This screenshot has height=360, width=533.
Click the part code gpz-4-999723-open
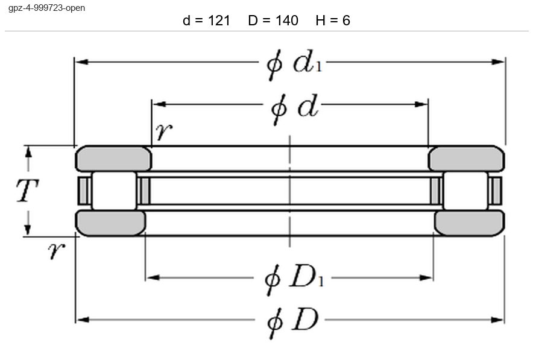[46, 8]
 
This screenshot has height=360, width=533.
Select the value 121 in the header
[219, 21]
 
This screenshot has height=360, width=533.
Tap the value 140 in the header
[286, 21]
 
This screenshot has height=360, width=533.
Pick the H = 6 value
[333, 21]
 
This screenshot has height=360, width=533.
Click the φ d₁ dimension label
[294, 64]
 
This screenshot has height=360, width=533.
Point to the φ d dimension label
[295, 109]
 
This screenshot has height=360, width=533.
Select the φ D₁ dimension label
[294, 279]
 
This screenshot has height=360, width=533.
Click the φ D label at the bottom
[292, 322]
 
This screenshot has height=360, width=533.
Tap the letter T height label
[27, 191]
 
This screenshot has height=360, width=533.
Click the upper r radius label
[164, 131]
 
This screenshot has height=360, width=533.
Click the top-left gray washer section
[113, 159]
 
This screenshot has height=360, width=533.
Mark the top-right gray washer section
[467, 159]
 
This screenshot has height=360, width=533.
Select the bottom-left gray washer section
[110, 223]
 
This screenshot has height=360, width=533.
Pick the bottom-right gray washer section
[470, 223]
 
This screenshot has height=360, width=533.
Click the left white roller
[114, 191]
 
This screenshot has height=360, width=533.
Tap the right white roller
[465, 191]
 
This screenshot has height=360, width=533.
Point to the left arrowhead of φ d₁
[81, 62]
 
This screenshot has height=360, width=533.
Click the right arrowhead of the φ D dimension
[498, 320]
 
